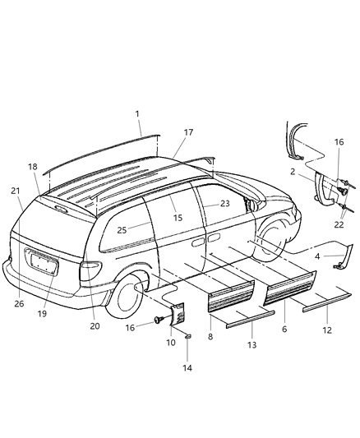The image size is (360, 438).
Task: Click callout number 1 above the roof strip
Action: pos(138,113)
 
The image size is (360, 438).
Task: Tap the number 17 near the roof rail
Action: pos(188,131)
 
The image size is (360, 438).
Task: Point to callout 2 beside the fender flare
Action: pos(293,172)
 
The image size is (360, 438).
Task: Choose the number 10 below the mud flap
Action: pos(172,342)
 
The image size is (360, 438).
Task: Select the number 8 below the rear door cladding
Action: pos(210,336)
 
